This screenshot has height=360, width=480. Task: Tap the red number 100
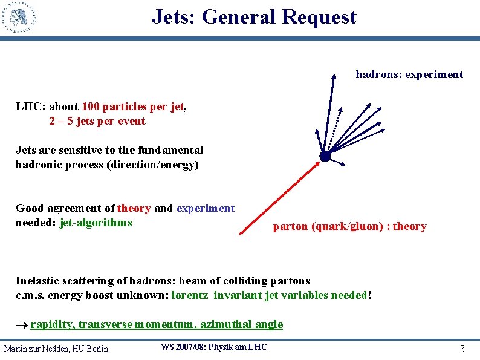coord(91,107)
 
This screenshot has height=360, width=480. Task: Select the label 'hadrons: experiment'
coord(409,74)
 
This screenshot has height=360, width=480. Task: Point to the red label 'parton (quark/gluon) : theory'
coord(349,226)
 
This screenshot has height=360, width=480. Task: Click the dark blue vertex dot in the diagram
coord(325,156)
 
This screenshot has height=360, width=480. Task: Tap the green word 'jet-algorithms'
coord(96,222)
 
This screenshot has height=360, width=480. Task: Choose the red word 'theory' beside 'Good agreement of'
coord(134,208)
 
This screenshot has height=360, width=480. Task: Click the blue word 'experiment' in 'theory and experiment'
coord(206,208)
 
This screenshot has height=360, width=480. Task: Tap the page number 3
coord(462,349)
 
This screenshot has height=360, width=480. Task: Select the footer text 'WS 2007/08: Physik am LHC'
coord(213,347)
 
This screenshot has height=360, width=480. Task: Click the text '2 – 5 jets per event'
coord(97,121)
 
